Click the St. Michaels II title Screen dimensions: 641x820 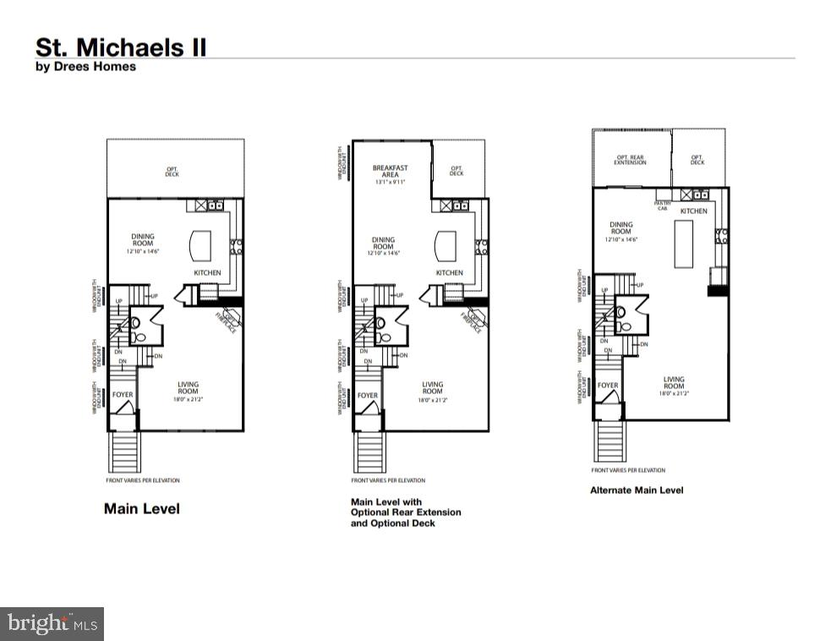120,47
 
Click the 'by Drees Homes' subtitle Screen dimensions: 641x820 85,67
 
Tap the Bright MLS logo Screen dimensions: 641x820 52,624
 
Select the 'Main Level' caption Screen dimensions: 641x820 141,509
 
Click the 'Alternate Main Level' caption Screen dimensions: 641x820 636,490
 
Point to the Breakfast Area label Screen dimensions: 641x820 390,172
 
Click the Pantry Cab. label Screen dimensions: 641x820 664,205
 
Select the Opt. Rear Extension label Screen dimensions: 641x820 631,160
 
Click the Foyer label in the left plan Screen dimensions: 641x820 123,395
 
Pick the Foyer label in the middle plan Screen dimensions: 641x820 368,395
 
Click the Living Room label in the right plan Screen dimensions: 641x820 674,386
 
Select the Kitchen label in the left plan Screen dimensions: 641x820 207,272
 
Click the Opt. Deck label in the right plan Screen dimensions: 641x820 697,160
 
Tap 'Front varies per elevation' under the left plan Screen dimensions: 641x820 144,480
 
